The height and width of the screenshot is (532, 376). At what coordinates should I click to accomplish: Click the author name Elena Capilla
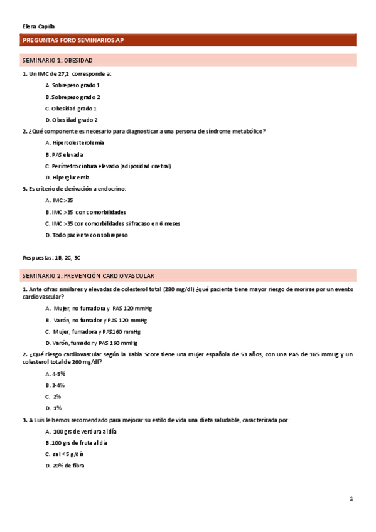point(38,26)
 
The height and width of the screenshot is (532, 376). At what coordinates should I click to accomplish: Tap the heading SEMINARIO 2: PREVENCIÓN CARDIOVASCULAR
point(88,276)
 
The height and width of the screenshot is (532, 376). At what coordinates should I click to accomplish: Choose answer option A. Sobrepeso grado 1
point(73,85)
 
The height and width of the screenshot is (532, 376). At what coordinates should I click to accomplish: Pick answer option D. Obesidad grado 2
point(72,120)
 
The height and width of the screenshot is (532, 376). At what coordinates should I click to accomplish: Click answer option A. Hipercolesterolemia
point(75,142)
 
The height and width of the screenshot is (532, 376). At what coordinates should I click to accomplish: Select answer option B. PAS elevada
point(64,154)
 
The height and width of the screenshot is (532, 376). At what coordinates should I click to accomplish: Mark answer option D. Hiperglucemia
point(67,178)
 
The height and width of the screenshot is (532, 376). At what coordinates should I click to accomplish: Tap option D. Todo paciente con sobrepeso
point(86,235)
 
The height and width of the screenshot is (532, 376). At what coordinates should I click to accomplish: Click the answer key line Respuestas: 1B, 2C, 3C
point(51,258)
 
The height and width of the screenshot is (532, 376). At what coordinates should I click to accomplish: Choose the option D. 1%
point(53,408)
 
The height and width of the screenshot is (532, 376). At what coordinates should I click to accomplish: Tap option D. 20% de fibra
point(65,465)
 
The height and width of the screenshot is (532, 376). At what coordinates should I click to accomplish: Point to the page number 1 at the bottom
point(352,499)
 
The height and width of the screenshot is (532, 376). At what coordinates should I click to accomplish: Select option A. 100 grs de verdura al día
point(81,432)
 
